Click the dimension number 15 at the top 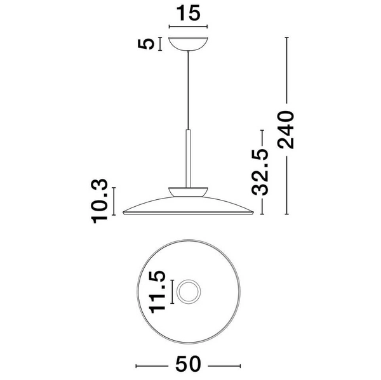pyautogui.click(x=189, y=13)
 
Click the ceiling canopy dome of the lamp pyautogui.click(x=189, y=45)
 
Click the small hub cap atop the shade pyautogui.click(x=189, y=191)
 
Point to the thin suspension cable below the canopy pyautogui.click(x=188, y=89)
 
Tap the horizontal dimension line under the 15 pyautogui.click(x=189, y=27)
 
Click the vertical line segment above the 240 pyautogui.click(x=288, y=70)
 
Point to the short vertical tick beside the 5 pyautogui.click(x=161, y=44)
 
